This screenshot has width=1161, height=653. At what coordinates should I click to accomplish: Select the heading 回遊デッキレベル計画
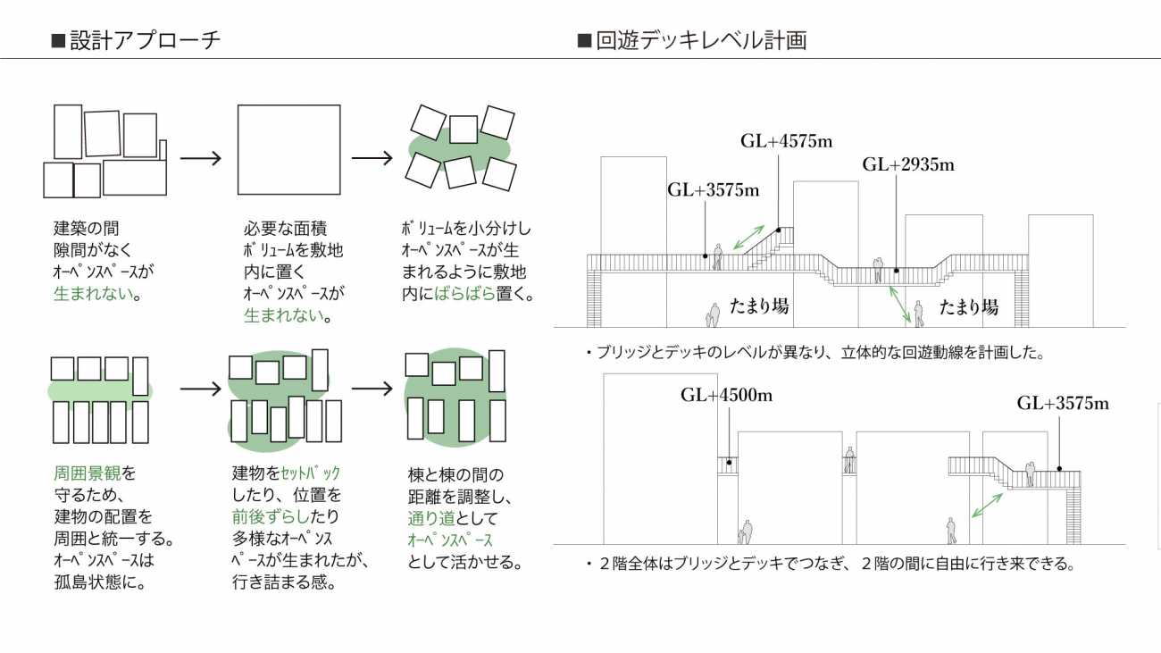701,40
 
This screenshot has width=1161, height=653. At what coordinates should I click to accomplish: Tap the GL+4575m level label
786,141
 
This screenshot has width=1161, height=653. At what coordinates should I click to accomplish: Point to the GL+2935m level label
907,164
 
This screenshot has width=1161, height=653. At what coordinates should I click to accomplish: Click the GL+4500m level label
726,395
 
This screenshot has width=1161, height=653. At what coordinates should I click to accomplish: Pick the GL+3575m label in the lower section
1063,403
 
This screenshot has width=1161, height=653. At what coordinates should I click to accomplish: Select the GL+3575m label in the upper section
713,189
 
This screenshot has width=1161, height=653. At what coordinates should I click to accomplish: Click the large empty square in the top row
288,149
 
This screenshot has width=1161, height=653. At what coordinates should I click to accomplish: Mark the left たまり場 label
759,306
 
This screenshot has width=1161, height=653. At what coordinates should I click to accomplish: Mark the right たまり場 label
968,306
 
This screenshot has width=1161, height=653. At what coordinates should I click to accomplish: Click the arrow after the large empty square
372,158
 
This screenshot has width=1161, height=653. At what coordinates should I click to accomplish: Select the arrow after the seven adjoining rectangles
200,158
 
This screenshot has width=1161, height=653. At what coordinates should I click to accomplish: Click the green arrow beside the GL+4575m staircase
748,235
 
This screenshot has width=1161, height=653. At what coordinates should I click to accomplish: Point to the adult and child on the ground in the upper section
713,314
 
